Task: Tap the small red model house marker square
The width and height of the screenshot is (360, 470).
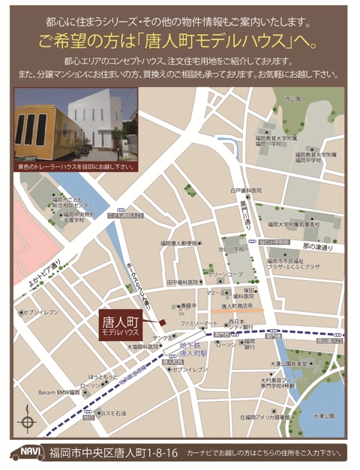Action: pyautogui.click(x=160, y=322)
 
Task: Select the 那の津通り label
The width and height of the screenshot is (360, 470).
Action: pyautogui.click(x=316, y=247)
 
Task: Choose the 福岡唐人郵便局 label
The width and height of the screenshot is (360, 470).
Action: pyautogui.click(x=178, y=243)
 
